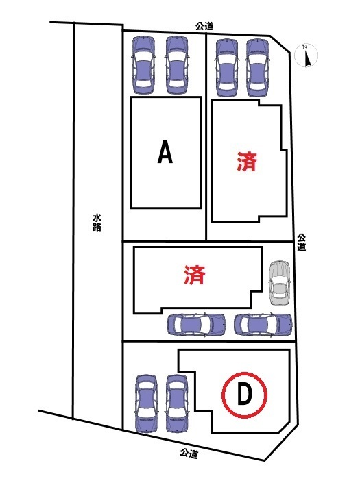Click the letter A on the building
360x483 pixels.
[x=165, y=152]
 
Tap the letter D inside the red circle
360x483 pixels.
[x=244, y=395]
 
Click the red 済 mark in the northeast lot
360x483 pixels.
[x=247, y=162]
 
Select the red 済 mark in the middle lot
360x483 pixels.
[x=195, y=275]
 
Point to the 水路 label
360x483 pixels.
[x=97, y=223]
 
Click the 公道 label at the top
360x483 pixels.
[x=204, y=26]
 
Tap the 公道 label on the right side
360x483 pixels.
[x=302, y=243]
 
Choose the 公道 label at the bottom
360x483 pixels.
[x=189, y=453]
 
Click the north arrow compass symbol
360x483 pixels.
[x=307, y=55]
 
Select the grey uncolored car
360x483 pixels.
[x=280, y=283]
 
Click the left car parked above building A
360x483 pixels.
[x=143, y=65]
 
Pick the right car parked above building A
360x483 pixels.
[x=177, y=65]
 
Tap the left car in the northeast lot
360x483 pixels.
[x=227, y=68]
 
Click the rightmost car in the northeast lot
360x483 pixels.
[x=258, y=68]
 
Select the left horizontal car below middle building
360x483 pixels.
[x=196, y=325]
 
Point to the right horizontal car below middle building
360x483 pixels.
[x=263, y=325]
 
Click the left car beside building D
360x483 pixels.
[x=146, y=404]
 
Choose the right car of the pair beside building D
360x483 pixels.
[x=176, y=404]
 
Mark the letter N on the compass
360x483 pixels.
[x=304, y=47]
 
